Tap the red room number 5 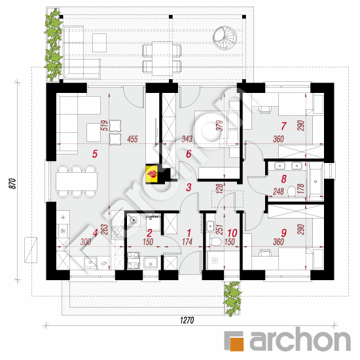click(95, 154)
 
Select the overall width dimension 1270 click(187, 320)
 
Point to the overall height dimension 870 click(13, 184)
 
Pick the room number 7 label click(283, 126)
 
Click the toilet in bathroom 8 click(291, 191)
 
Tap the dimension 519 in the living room click(104, 126)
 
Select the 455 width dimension click(132, 139)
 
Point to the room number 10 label click(232, 233)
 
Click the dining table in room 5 click(77, 181)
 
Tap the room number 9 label click(284, 233)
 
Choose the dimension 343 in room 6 click(187, 139)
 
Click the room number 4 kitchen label click(95, 233)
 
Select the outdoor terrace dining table click(162, 58)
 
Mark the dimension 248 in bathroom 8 click(278, 191)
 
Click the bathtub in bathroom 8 click(315, 181)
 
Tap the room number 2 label click(149, 233)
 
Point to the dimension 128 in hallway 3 click(219, 189)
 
